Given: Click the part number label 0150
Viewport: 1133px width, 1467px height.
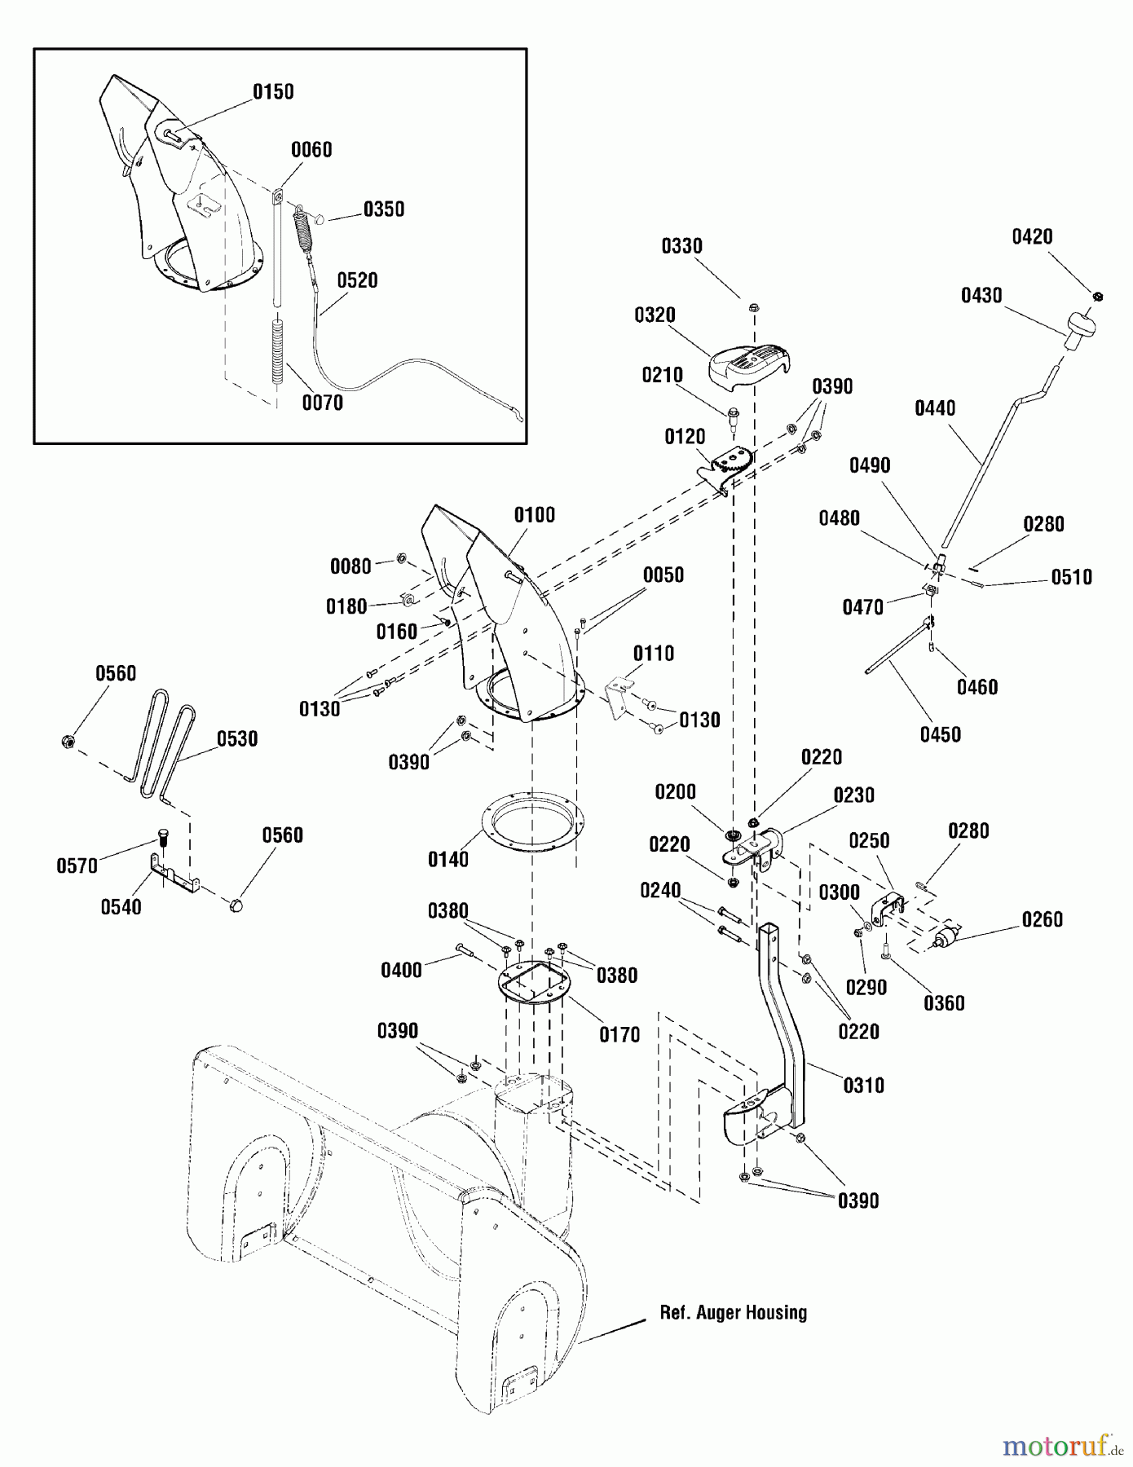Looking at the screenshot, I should click(273, 92).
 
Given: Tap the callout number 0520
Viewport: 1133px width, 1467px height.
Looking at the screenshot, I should click(358, 280).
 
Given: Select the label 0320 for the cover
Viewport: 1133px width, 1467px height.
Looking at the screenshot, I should click(655, 315).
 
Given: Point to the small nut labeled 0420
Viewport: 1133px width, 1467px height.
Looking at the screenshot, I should click(1097, 296).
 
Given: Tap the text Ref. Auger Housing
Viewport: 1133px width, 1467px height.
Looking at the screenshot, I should click(733, 1312).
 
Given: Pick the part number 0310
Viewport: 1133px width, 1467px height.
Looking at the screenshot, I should click(863, 1086).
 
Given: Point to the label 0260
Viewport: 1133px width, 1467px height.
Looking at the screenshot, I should click(1042, 920).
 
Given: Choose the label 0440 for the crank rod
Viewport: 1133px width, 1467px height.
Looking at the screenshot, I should click(935, 408).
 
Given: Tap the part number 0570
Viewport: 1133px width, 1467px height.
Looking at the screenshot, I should click(77, 866).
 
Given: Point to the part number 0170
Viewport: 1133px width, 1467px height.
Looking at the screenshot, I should click(619, 1035).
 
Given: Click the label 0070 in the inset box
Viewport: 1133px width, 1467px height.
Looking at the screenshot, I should click(323, 403).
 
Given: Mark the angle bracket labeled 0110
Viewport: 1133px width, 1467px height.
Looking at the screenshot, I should click(619, 697).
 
